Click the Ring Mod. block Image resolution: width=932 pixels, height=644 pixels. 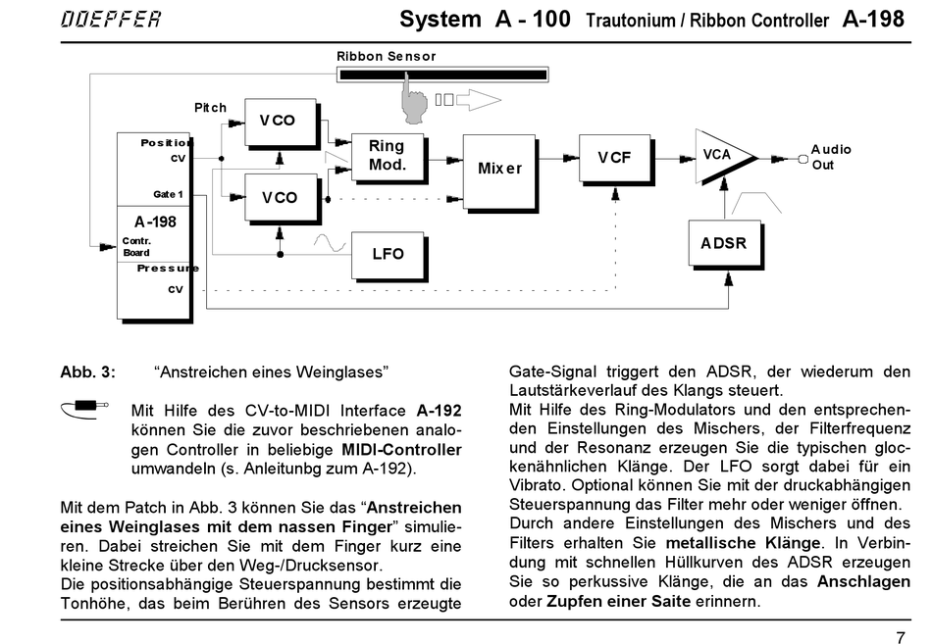(387, 156)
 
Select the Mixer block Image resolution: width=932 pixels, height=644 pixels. (499, 169)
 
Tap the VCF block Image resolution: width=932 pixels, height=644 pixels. (614, 157)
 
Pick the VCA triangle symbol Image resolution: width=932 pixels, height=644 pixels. (722, 155)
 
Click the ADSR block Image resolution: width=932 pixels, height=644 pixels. (724, 242)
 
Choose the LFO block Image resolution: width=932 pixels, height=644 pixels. (388, 253)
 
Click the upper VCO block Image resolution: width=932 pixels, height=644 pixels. (278, 121)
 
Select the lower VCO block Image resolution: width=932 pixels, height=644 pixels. (279, 197)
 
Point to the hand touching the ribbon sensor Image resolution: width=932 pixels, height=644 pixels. (417, 98)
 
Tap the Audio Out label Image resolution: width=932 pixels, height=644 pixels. (830, 157)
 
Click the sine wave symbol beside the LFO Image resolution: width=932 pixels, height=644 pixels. (331, 240)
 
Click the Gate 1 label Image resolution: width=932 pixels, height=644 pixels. (168, 194)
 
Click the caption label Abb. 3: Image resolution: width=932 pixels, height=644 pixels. (87, 372)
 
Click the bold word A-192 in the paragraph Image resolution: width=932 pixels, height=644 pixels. (439, 411)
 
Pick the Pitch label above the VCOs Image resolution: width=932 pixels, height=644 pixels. (210, 108)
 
